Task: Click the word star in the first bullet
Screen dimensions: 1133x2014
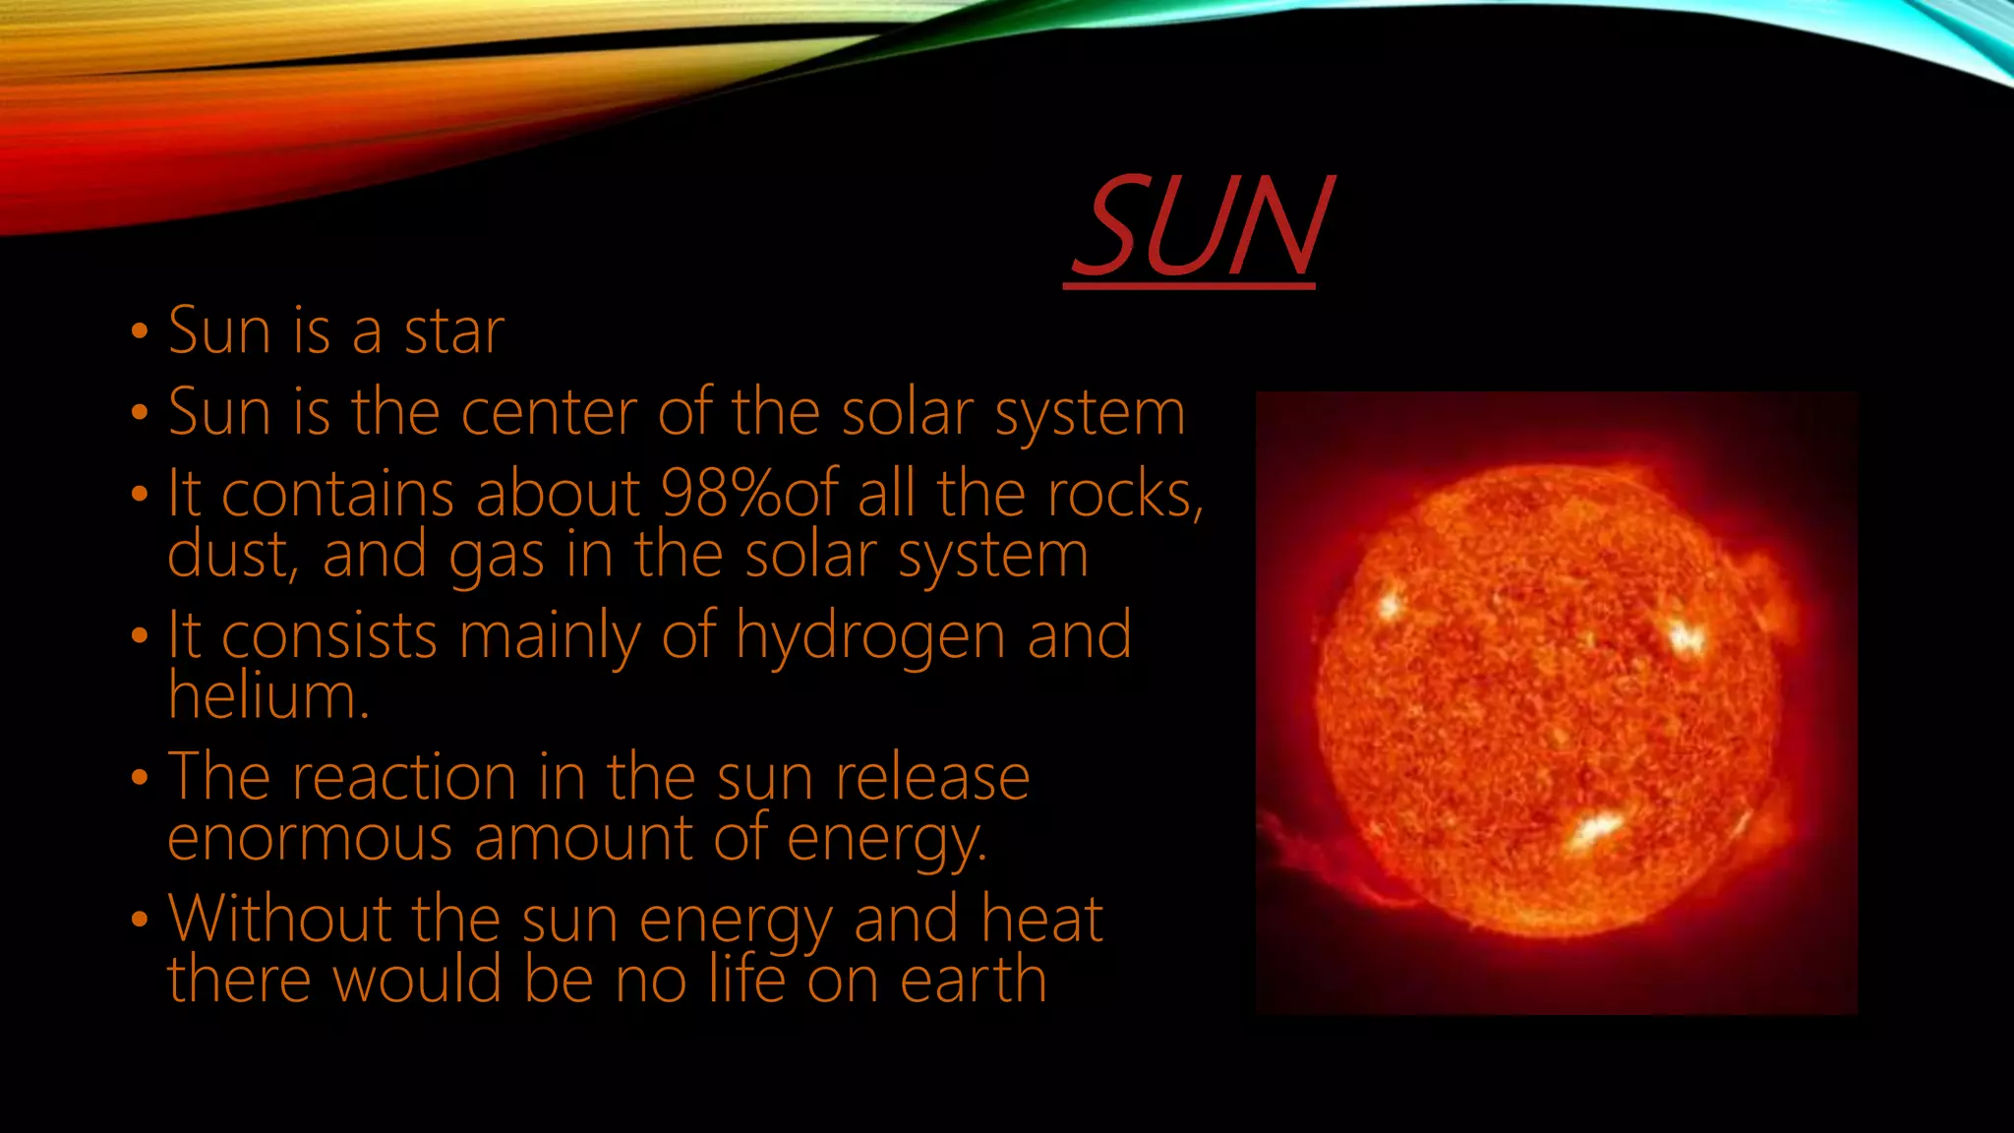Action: (454, 331)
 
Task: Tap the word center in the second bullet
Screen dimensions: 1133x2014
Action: (549, 412)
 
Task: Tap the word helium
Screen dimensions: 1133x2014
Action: (267, 696)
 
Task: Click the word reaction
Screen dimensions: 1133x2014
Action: (404, 778)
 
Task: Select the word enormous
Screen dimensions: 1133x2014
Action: (310, 839)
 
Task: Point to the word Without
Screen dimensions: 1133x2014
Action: (280, 920)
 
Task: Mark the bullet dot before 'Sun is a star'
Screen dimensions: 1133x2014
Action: (139, 331)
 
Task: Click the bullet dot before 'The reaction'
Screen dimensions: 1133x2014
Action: (139, 778)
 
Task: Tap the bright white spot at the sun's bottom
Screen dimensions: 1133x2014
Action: (1594, 828)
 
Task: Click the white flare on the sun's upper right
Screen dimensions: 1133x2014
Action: (1686, 637)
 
